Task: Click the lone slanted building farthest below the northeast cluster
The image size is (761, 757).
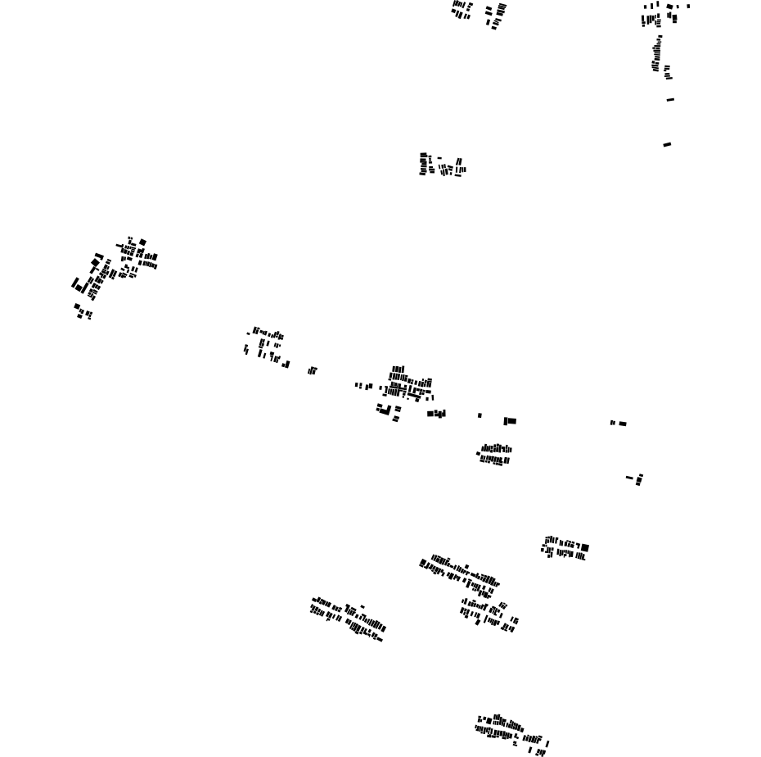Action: pos(667,145)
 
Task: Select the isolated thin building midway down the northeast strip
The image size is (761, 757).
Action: pos(670,100)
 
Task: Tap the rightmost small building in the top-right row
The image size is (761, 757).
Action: pos(688,7)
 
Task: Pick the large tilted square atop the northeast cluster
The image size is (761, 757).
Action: pos(669,7)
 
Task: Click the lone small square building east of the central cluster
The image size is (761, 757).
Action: pos(480,415)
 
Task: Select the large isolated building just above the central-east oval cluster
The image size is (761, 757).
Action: pos(511,421)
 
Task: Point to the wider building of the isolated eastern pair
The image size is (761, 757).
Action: pos(623,424)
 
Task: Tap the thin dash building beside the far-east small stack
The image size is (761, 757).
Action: pos(629,478)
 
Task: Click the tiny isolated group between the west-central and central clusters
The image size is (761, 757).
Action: pos(312,371)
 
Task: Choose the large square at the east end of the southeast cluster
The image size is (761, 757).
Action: pos(585,547)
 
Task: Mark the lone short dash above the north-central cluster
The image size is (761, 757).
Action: pos(439,158)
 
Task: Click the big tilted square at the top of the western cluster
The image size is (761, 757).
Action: pos(142,243)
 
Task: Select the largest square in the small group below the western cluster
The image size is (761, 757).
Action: pos(78,306)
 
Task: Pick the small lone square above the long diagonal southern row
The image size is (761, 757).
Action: pos(467,565)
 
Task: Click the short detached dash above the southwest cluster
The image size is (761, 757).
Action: pos(362,606)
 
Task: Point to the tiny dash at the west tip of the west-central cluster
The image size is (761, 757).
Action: pos(248,333)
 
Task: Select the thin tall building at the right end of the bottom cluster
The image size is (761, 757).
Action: pos(547,744)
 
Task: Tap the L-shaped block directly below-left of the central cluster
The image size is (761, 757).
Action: pos(382,409)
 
